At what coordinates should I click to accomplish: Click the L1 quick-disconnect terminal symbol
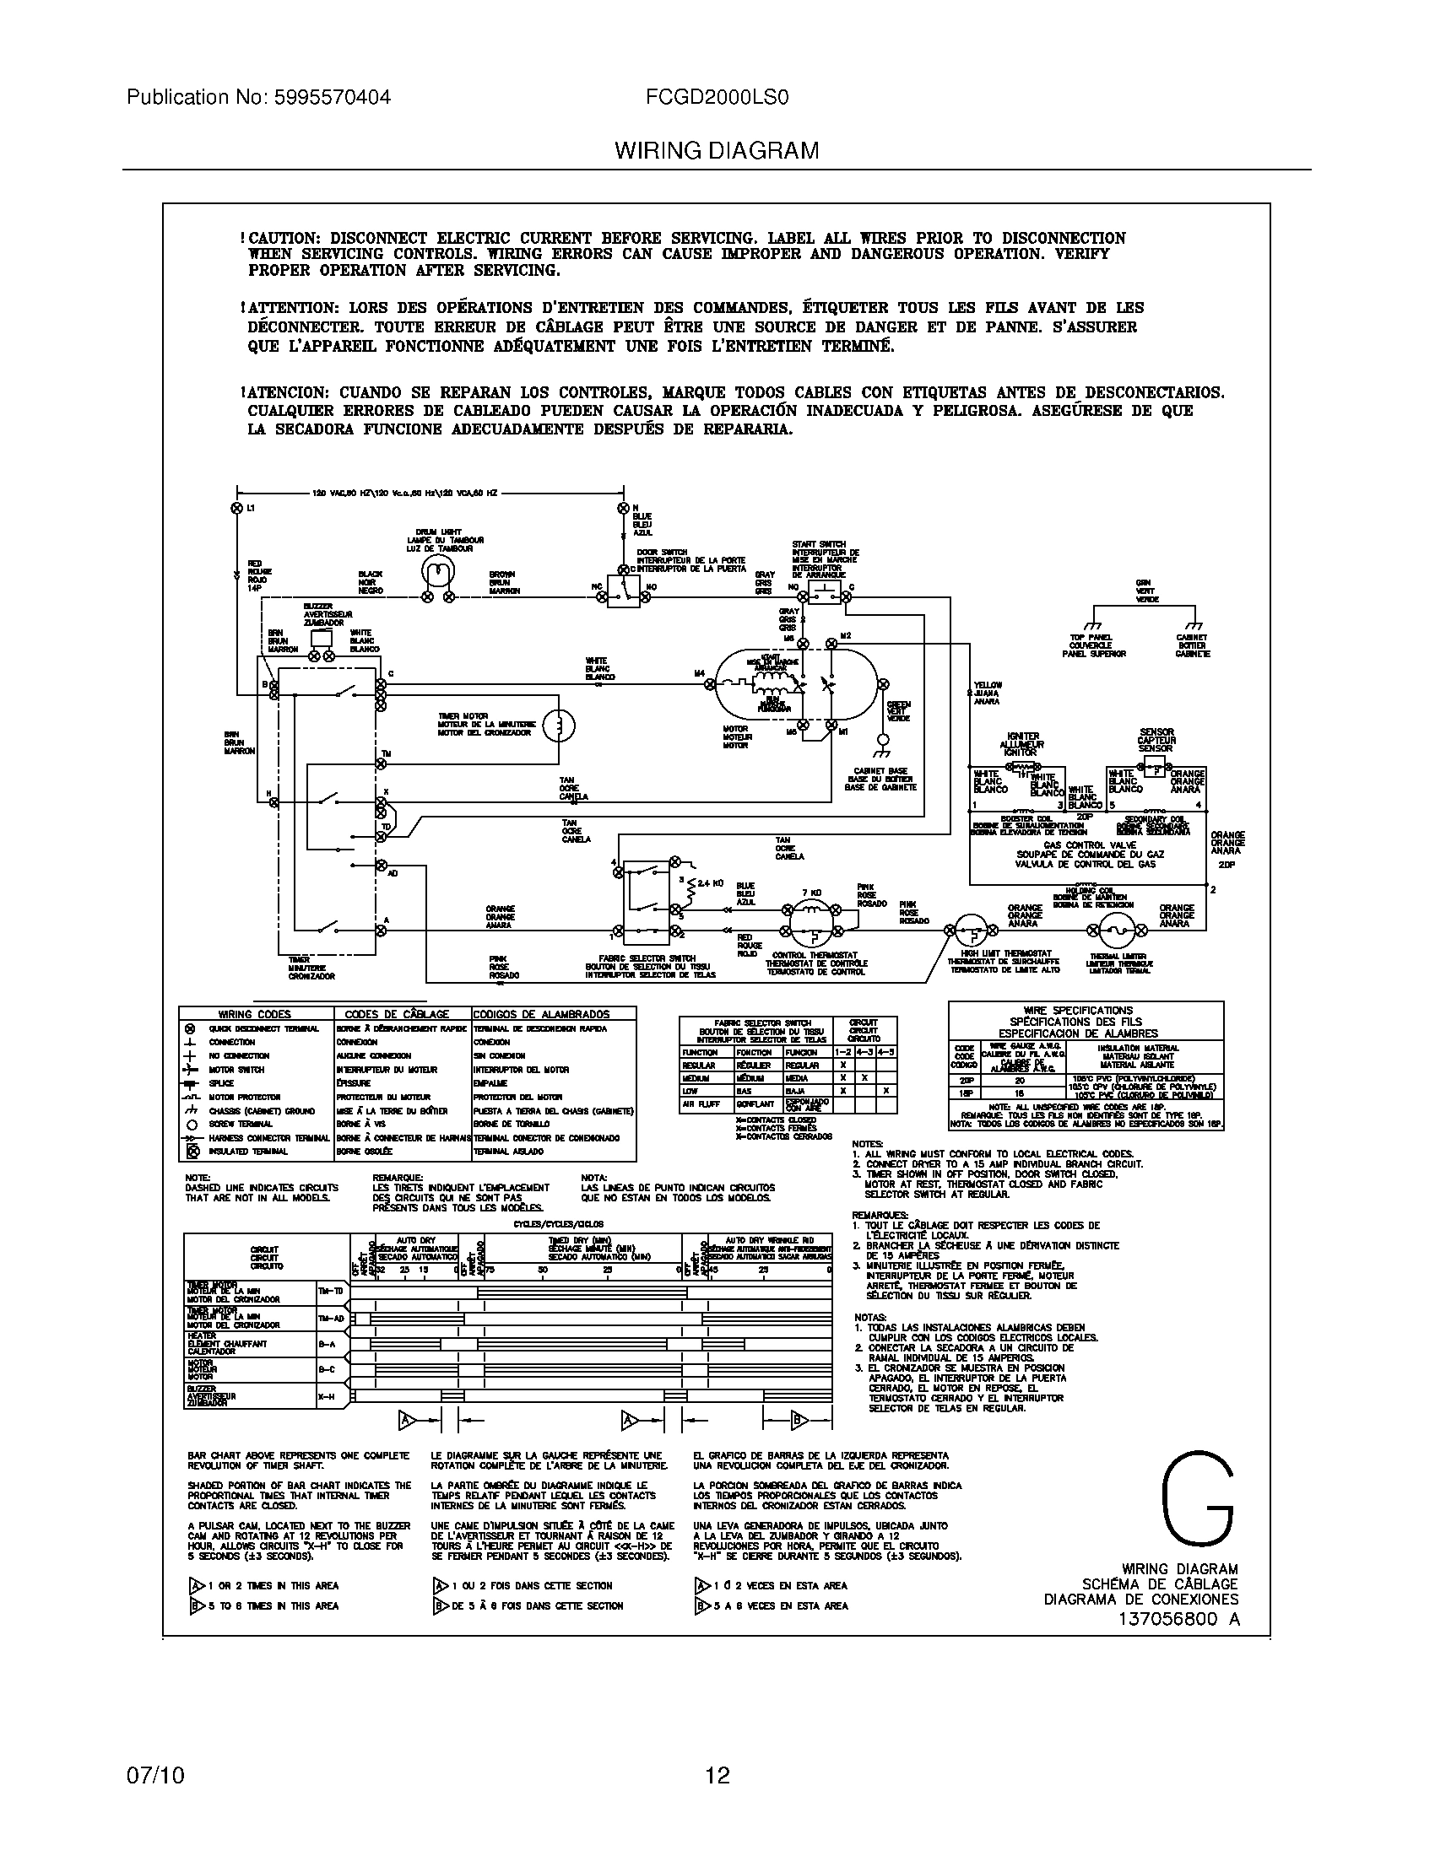coord(236,507)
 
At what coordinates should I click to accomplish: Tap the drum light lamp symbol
coord(436,573)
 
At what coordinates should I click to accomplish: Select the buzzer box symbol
coord(322,639)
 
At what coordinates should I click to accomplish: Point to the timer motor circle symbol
coord(559,725)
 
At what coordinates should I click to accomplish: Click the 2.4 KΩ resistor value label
coord(710,883)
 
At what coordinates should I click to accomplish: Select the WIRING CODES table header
coord(255,1014)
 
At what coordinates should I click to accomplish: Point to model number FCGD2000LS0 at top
coord(717,97)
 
